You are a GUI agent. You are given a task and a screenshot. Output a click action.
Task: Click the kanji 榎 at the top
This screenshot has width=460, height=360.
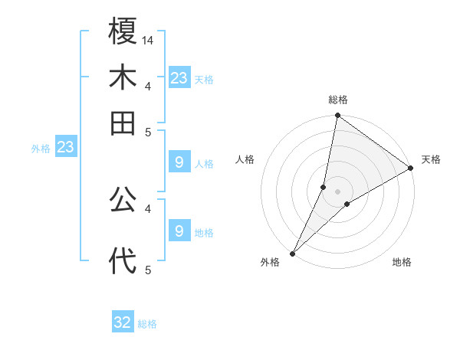[x=123, y=32]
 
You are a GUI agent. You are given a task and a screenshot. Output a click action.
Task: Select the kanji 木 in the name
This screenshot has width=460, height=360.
[x=123, y=78]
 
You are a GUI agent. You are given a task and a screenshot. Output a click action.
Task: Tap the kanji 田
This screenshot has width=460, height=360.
[x=123, y=123]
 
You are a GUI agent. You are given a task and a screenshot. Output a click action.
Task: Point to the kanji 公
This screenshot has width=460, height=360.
[x=123, y=201]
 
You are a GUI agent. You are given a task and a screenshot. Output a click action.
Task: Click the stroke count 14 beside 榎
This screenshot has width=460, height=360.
[x=149, y=40]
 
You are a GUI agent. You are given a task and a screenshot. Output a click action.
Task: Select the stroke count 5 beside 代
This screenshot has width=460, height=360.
[x=148, y=270]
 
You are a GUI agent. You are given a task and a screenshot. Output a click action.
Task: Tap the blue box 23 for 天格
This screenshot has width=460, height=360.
[x=179, y=78]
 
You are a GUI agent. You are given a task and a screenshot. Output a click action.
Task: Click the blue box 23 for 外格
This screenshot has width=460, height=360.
[x=65, y=147]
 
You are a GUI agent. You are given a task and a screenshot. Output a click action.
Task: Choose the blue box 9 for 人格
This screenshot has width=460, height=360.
[x=179, y=162]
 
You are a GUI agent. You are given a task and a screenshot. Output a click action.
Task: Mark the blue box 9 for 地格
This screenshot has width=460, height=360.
[x=179, y=231]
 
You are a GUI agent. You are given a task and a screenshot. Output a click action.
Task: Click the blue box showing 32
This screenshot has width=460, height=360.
[x=123, y=322]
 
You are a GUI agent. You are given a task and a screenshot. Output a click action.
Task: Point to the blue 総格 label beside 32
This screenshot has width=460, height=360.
[x=147, y=324]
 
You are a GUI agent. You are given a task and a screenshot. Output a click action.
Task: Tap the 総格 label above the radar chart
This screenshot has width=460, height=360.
[x=338, y=100]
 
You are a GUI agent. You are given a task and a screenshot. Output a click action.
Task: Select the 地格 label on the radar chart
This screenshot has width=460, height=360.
[x=402, y=263]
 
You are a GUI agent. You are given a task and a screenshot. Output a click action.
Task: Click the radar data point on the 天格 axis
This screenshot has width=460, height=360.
[x=411, y=169]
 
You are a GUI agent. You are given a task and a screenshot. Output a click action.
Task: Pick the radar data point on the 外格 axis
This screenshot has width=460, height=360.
[x=292, y=254]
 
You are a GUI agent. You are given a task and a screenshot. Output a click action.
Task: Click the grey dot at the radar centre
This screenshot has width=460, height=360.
[x=338, y=191]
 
